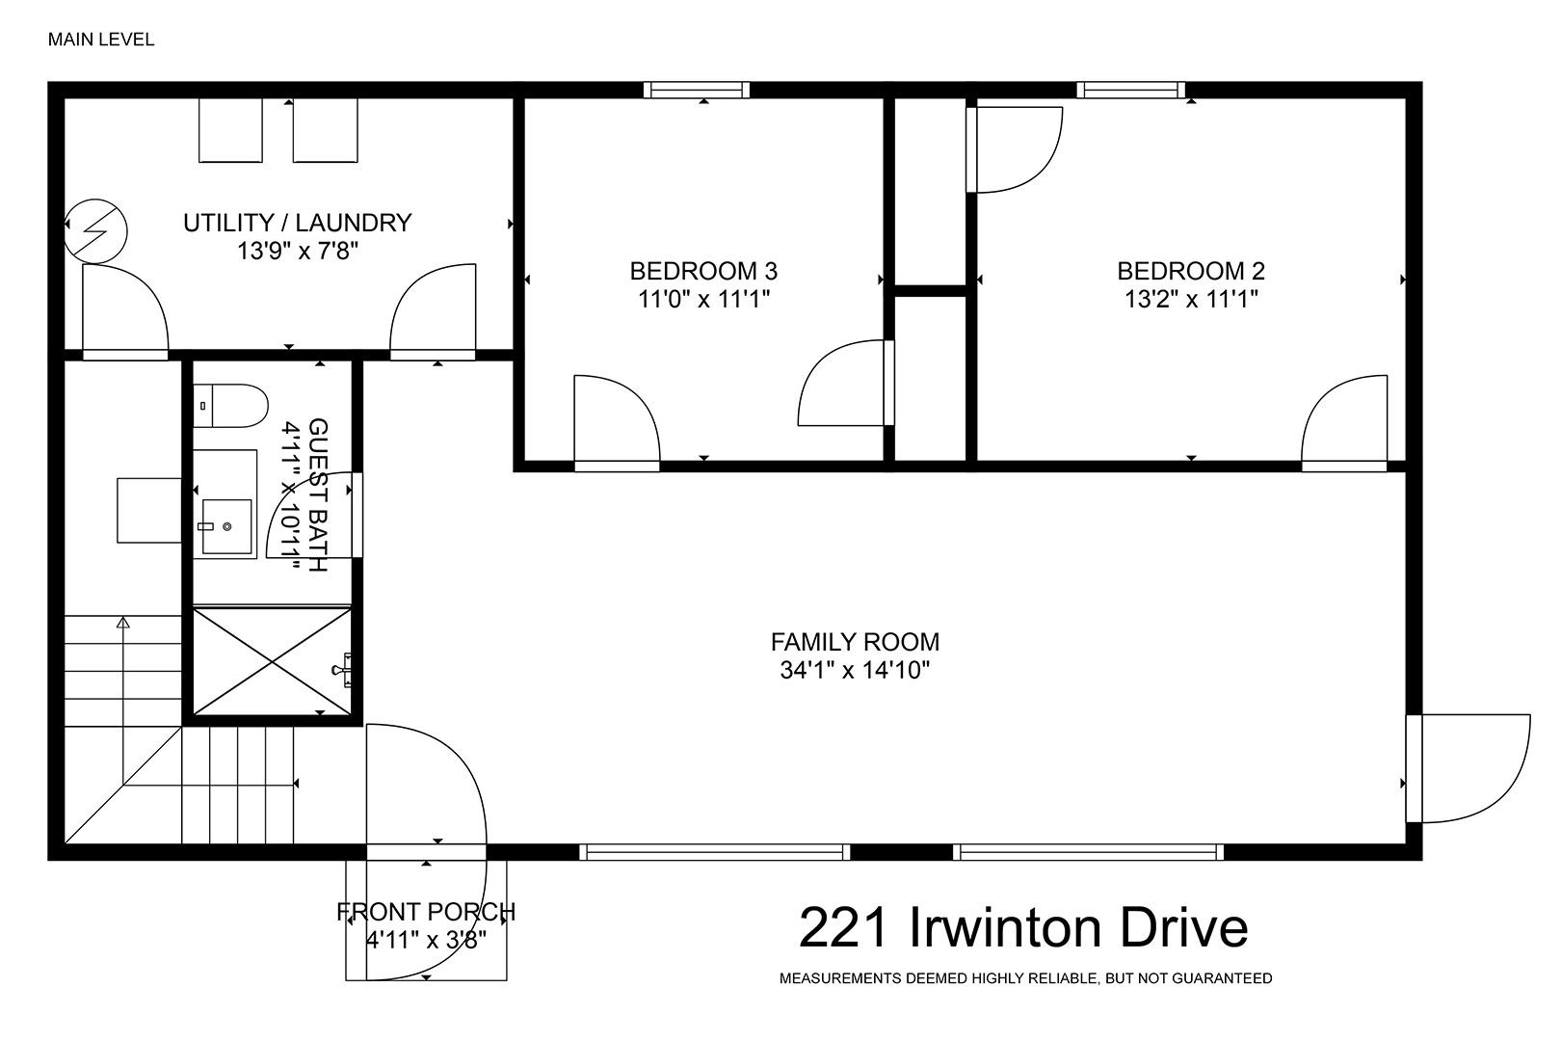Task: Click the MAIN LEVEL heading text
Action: [x=101, y=40]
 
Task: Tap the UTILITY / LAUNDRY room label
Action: [x=298, y=223]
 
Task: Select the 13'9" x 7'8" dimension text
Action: [x=298, y=251]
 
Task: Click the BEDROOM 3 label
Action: [x=703, y=271]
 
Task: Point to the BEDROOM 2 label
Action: [x=1191, y=271]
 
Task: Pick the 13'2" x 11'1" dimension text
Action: [x=1191, y=299]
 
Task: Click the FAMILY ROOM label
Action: [x=855, y=642]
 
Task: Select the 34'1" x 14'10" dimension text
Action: [x=855, y=670]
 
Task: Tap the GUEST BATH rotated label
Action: [x=318, y=495]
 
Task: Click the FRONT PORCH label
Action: [x=426, y=912]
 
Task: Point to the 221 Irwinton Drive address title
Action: [x=1023, y=928]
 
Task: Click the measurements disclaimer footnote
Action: [x=1026, y=978]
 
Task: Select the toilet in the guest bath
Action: [x=230, y=406]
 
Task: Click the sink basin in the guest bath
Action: [x=226, y=526]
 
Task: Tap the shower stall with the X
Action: [x=272, y=661]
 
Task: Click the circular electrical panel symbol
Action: [x=96, y=230]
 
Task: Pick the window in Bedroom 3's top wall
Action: [x=696, y=90]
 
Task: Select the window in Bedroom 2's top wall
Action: [x=1130, y=90]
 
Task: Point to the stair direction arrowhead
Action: [x=123, y=622]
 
